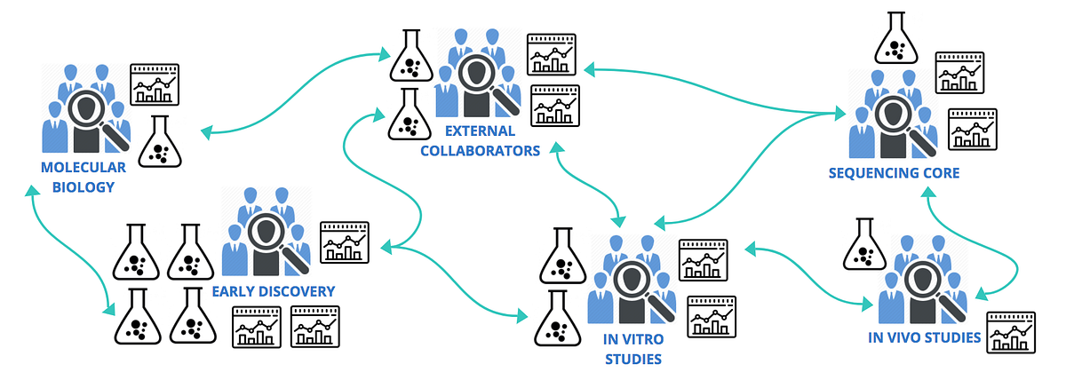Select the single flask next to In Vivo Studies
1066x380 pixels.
[861, 245]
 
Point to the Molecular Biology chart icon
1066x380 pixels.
[155, 85]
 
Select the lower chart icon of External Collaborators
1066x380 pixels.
[554, 105]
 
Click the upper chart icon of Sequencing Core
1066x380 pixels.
[959, 72]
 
